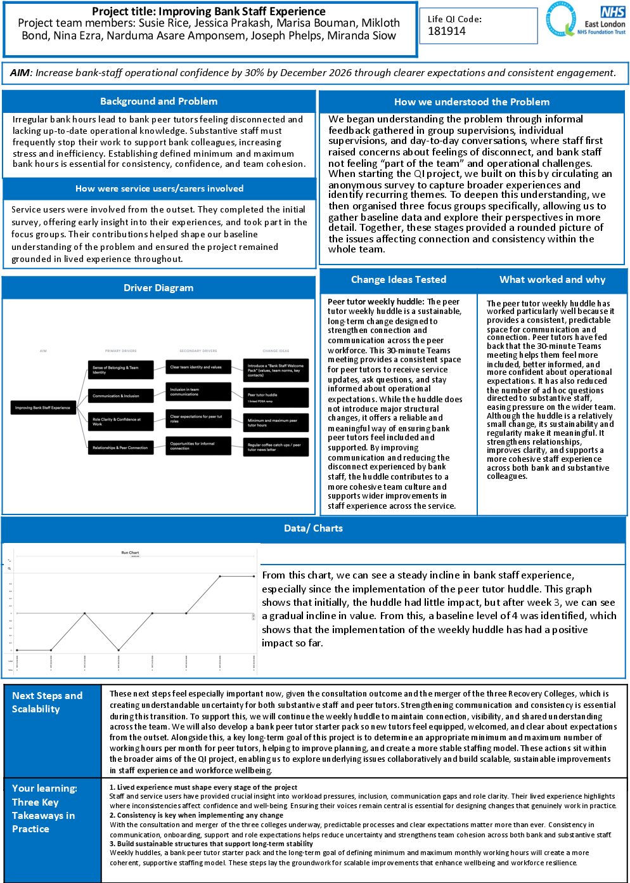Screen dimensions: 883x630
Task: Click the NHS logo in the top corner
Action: tap(612, 12)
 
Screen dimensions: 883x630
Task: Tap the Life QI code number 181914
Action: tap(447, 31)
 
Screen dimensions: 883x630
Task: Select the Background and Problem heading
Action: tap(158, 101)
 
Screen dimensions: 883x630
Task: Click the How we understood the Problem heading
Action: tap(472, 102)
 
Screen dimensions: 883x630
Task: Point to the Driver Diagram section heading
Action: tap(158, 288)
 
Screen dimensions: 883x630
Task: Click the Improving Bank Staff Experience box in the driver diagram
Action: tap(43, 408)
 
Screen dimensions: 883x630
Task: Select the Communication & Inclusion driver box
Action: tap(120, 396)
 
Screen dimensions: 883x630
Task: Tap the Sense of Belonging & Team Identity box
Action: tap(120, 370)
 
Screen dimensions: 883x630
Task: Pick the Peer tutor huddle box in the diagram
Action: tap(276, 397)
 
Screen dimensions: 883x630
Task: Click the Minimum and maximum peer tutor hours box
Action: tap(276, 422)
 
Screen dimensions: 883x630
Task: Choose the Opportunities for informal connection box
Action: tap(198, 446)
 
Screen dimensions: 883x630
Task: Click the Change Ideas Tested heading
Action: tap(399, 280)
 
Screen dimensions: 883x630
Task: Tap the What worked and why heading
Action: tap(552, 280)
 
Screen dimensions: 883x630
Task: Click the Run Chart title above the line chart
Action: tap(130, 553)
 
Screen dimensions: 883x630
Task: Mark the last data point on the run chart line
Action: tap(254, 577)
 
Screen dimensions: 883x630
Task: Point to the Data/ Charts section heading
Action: tap(313, 528)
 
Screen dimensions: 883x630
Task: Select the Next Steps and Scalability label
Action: tap(48, 702)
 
